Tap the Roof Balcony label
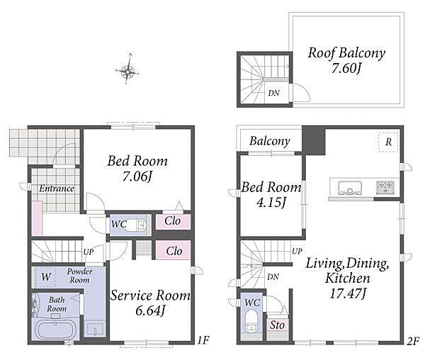pos(346,52)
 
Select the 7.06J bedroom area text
pos(137,176)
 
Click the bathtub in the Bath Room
pos(55,329)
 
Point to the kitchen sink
pos(350,188)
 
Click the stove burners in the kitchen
pos(385,187)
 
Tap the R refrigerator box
pos(388,142)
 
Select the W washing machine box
pos(45,277)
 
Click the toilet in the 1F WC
pos(135,225)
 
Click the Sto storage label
pos(277,325)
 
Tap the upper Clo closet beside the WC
pos(173,222)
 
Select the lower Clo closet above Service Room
pos(174,251)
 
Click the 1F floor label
pos(203,340)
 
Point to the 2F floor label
pos(413,341)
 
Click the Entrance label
pos(57,189)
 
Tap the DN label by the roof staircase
pos(273,94)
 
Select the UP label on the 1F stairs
pos(89,252)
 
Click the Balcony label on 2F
pos(270,141)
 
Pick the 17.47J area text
pos(348,293)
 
